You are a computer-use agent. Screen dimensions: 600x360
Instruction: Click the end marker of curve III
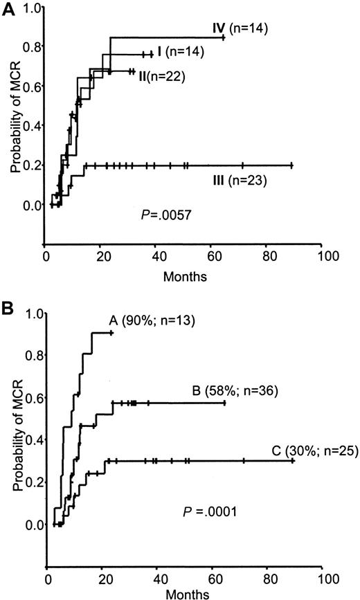291,165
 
